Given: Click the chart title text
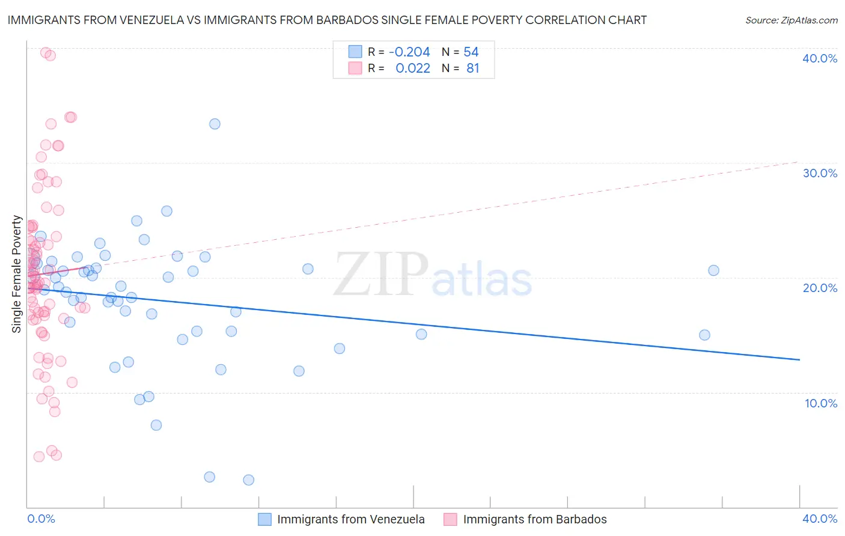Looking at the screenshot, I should (x=327, y=20).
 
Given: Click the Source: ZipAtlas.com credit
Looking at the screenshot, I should (x=791, y=20).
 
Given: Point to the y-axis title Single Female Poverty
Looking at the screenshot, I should (x=17, y=274).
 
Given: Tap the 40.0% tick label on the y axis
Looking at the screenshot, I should (x=820, y=58).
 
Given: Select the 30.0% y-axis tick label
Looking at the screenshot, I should (x=820, y=173).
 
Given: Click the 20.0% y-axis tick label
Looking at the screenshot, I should (x=820, y=288).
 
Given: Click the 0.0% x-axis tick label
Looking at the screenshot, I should (x=41, y=519).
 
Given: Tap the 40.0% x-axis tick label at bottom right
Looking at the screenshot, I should (x=820, y=519).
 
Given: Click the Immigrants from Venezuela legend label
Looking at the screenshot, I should (x=350, y=519).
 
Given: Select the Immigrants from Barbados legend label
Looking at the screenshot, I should (x=535, y=519).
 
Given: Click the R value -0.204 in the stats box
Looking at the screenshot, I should (x=409, y=52).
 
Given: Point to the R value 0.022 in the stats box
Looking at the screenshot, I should (x=413, y=69).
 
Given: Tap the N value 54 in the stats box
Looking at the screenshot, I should (x=471, y=52).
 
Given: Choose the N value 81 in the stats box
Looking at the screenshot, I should (x=473, y=69).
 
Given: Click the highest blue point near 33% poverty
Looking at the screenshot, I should (x=215, y=124).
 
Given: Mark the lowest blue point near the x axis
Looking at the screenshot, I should (x=248, y=480).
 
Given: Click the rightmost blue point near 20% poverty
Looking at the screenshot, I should (x=713, y=270).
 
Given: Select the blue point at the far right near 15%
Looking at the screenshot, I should (x=704, y=335).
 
